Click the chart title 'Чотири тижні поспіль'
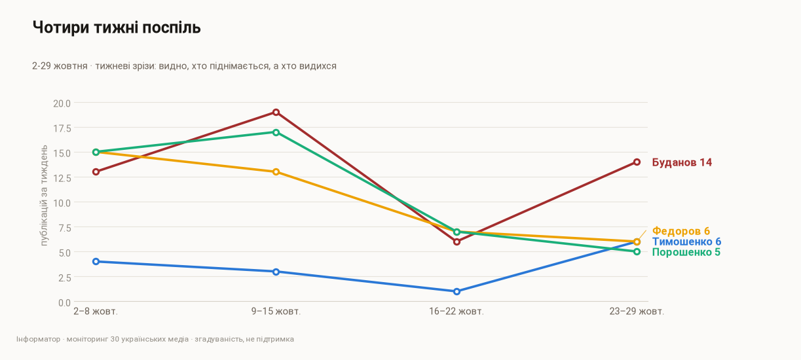[117, 27]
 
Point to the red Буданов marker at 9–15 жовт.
[276, 112]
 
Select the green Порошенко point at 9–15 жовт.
[276, 132]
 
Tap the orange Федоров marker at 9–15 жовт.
[276, 172]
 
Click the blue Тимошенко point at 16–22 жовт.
[456, 292]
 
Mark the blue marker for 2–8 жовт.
[96, 262]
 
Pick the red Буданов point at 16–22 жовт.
[456, 242]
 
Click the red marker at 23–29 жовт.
[637, 162]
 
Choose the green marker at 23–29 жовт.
[637, 252]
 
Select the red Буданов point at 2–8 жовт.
[96, 172]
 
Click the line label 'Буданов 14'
[682, 162]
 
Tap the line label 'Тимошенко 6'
[686, 242]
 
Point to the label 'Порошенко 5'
[686, 252]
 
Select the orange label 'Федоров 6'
[681, 231]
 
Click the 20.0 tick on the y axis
[62, 103]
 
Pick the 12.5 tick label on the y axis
[62, 178]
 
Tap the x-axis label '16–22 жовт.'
[456, 312]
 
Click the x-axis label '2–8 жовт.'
[96, 312]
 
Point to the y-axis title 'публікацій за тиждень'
[44, 195]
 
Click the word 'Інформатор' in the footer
[38, 339]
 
